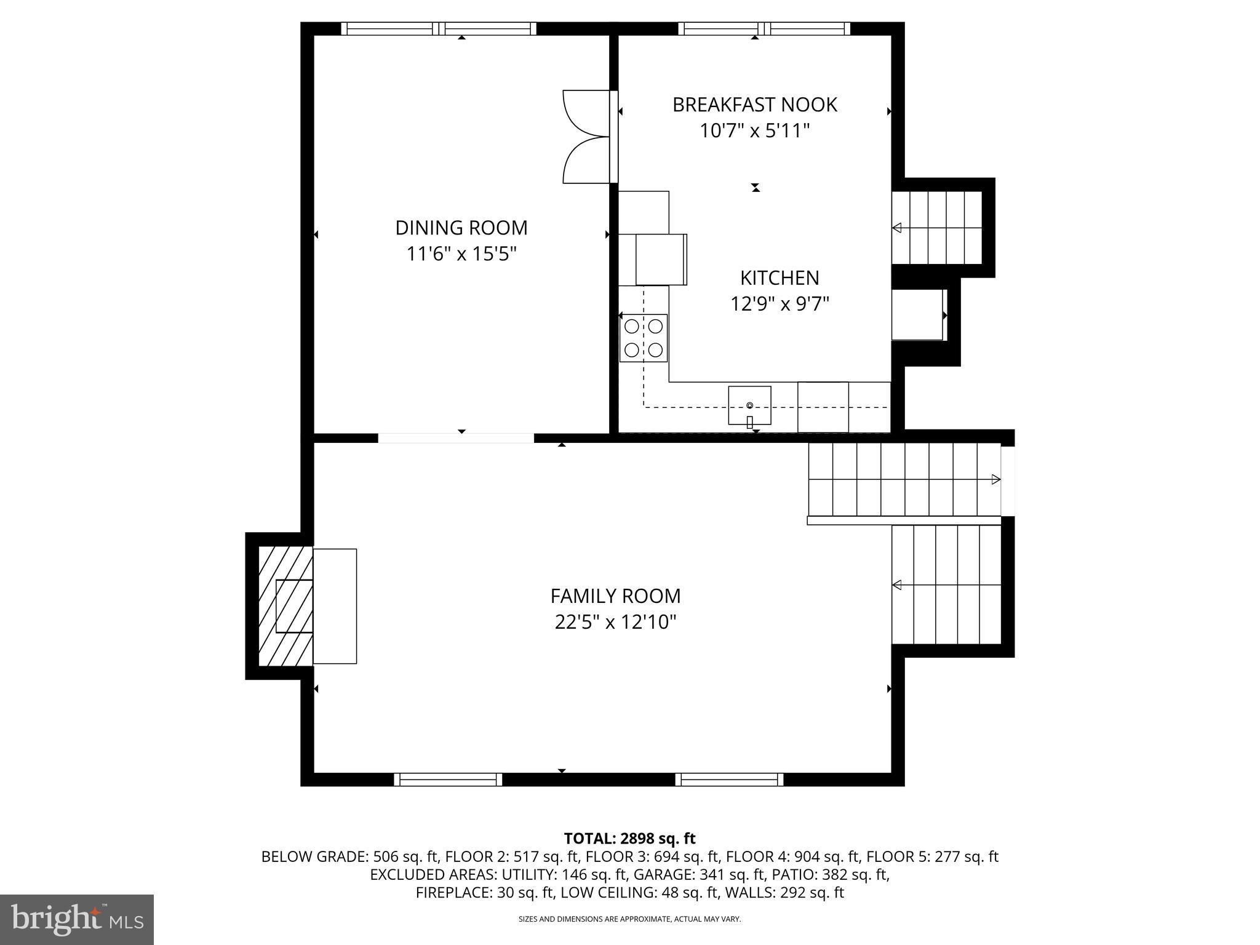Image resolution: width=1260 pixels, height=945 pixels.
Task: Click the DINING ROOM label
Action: [x=461, y=228]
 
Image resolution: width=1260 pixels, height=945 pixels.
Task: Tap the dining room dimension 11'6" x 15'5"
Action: [x=461, y=253]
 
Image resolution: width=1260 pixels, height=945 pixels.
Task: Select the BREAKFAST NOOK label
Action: [x=754, y=105]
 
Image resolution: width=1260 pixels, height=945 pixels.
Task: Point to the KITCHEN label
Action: [x=779, y=278]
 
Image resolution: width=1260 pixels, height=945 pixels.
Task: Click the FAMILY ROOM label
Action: [x=615, y=596]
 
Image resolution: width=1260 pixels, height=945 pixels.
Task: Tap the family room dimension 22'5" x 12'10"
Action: [x=615, y=622]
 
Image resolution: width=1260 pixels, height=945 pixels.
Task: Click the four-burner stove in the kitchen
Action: [x=643, y=338]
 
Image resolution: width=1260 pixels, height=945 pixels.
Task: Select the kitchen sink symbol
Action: [x=749, y=405]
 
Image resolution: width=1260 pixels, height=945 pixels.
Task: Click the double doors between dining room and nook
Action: [x=588, y=137]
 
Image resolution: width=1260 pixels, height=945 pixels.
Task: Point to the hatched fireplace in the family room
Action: [x=285, y=606]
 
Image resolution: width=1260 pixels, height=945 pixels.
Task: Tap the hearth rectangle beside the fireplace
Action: [x=335, y=606]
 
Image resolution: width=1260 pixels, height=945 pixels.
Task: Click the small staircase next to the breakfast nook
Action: [x=936, y=228]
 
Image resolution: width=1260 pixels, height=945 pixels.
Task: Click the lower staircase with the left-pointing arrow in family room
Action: [x=946, y=584]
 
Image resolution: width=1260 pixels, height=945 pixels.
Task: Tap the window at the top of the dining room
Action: [x=439, y=28]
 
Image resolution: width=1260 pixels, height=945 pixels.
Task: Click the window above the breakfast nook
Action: [x=764, y=28]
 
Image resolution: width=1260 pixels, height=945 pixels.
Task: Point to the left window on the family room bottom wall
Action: [x=448, y=780]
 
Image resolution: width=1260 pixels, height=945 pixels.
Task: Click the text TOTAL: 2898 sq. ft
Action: [x=629, y=838]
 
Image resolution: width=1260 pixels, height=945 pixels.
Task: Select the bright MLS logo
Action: [x=77, y=919]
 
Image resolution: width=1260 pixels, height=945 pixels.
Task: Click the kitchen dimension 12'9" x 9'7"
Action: [x=779, y=304]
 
